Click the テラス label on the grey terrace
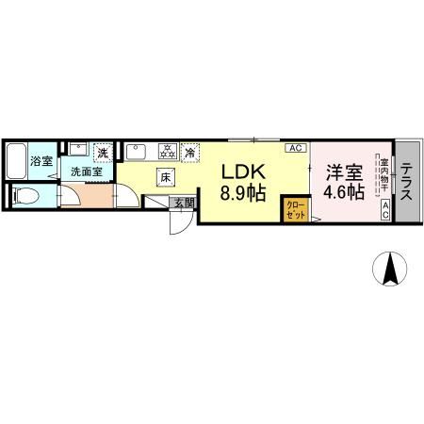[x=407, y=182]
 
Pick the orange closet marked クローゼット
[x=294, y=209]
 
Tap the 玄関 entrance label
[x=183, y=202]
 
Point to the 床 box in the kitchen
[x=164, y=176]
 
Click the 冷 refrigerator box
[x=191, y=151]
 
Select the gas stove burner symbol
[x=168, y=150]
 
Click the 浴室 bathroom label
[x=42, y=161]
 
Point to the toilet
[x=27, y=197]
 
